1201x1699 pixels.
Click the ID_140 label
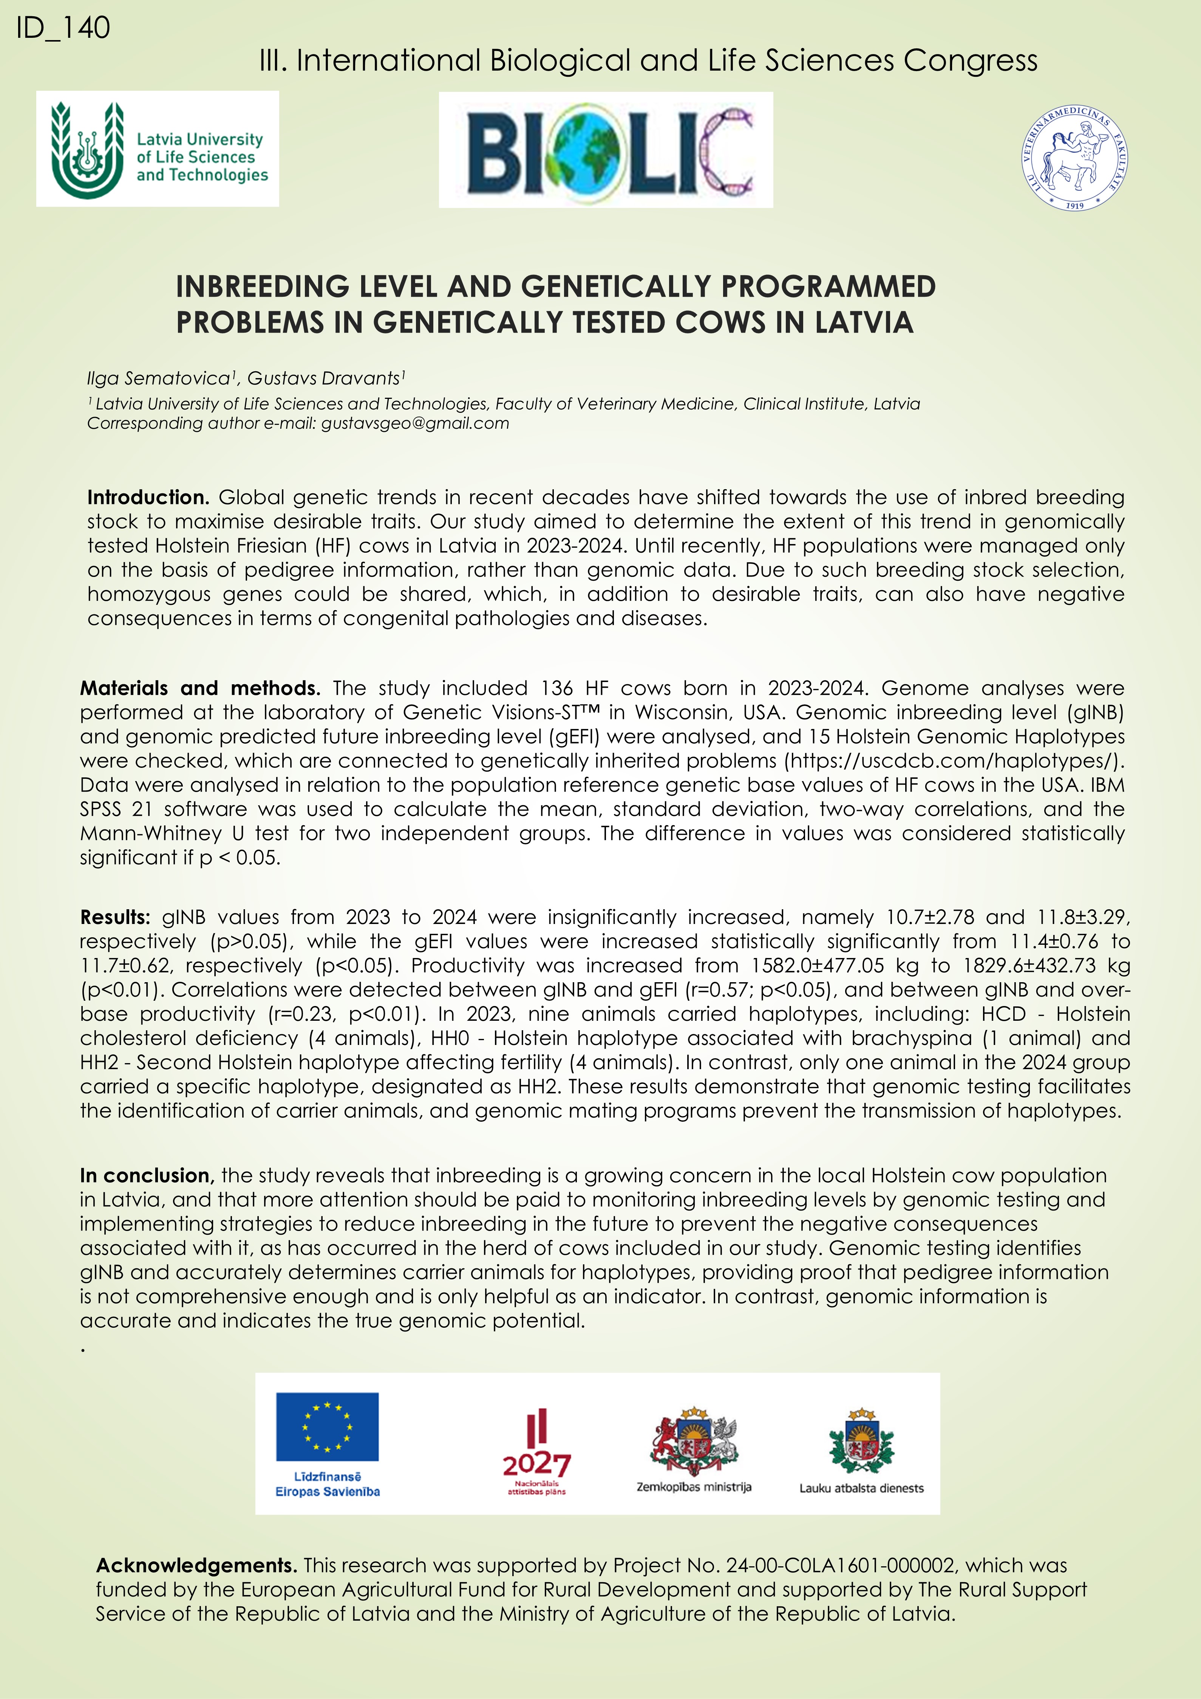coord(63,28)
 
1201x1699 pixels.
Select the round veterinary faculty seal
coord(1074,158)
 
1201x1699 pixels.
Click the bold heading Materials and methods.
coord(200,688)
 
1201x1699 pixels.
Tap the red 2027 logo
coord(536,1450)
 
